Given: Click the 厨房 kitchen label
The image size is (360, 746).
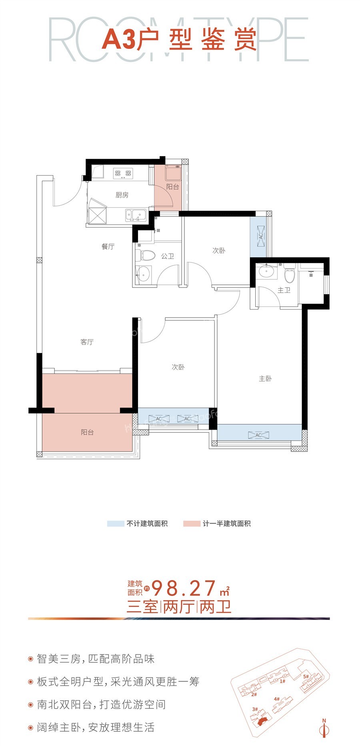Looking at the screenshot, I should click(x=122, y=195).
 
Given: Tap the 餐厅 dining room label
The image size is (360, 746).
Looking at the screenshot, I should click(x=108, y=246).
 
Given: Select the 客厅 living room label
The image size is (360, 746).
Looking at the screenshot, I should click(x=87, y=342).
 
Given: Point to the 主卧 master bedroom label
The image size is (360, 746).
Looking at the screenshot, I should click(x=265, y=378).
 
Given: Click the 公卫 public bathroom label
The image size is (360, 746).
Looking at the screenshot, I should click(x=168, y=256).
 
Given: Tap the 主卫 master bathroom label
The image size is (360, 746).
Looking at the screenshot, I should click(x=284, y=290).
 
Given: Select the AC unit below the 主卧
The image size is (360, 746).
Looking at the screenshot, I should click(x=258, y=435).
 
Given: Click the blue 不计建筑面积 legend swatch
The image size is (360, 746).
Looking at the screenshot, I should click(x=115, y=524).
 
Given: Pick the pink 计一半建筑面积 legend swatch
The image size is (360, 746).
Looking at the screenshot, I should click(x=192, y=524).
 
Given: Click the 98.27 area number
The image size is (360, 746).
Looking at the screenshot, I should click(x=184, y=588).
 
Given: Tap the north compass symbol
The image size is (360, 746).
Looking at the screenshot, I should click(x=324, y=728).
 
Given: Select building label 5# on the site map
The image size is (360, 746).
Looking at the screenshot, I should click(x=306, y=676).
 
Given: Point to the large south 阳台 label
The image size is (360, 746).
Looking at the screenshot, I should click(x=87, y=432).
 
